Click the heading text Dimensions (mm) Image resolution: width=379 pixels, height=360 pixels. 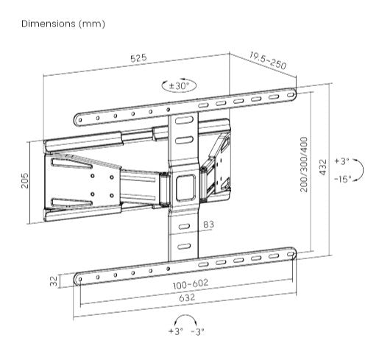coord(63,24)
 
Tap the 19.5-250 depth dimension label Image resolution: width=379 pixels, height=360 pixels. coord(266,60)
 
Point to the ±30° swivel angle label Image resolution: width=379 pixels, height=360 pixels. coord(180,85)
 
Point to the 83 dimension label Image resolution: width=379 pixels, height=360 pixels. coord(208,225)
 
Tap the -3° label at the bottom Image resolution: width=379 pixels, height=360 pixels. coord(198,333)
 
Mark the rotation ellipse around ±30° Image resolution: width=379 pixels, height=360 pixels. coord(180,85)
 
